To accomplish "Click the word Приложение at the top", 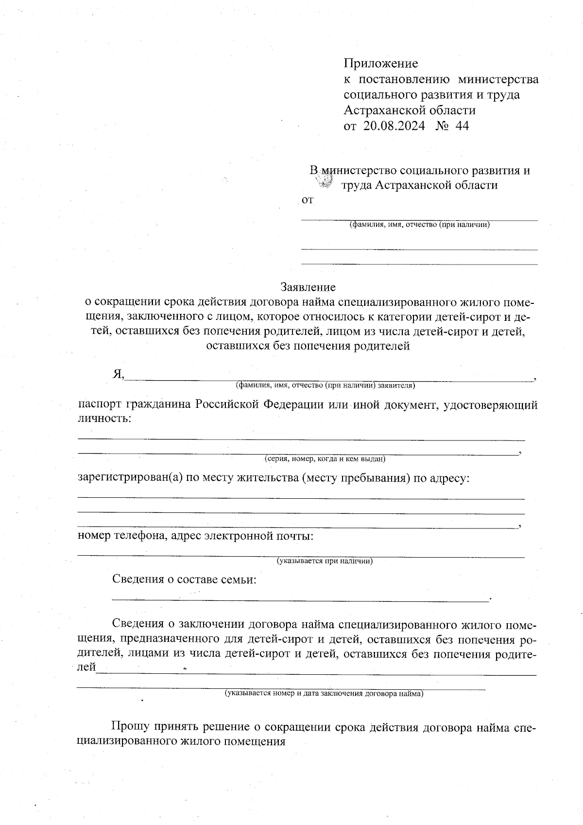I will (381, 64).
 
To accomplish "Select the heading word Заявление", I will (308, 287).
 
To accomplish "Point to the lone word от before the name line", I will (308, 200).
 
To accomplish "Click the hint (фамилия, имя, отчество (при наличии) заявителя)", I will (325, 386).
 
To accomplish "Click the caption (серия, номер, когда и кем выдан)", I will (325, 458).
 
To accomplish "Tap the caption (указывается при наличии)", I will (325, 561).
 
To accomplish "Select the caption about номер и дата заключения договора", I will (324, 694).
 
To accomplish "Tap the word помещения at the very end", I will (253, 742).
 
